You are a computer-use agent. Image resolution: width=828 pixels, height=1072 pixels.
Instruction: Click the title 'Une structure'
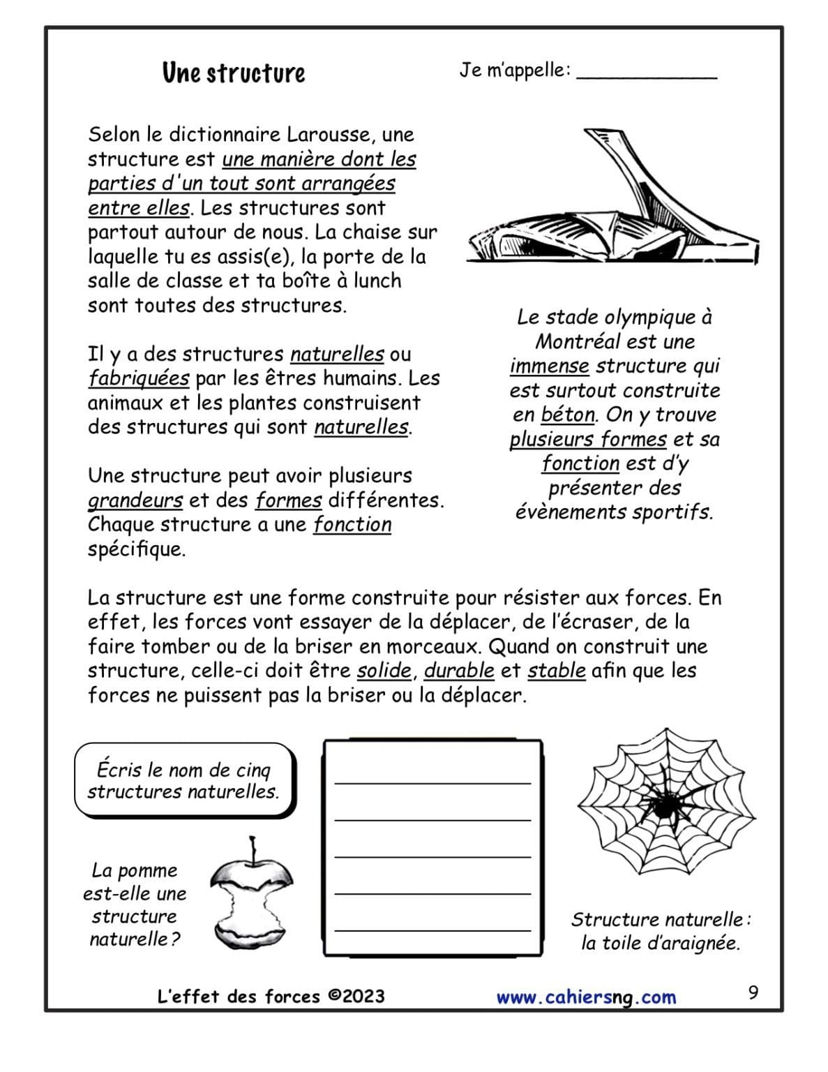[x=234, y=73]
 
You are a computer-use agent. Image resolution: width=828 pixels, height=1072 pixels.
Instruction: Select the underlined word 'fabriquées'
[x=138, y=378]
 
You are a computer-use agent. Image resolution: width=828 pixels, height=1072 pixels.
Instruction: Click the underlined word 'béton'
[x=568, y=415]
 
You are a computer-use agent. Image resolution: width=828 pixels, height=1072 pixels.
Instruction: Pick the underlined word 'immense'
[x=549, y=366]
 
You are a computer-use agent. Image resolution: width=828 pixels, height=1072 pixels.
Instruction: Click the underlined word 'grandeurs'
[x=135, y=500]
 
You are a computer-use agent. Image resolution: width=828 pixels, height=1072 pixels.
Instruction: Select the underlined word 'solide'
[x=384, y=671]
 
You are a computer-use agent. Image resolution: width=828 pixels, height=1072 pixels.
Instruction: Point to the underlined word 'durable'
[x=459, y=671]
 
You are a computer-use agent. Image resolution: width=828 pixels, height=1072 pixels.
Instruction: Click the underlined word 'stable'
[x=556, y=671]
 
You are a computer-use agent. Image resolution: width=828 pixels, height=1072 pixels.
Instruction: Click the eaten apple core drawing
[x=252, y=894]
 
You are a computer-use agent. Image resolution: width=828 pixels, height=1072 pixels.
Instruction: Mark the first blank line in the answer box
[x=432, y=782]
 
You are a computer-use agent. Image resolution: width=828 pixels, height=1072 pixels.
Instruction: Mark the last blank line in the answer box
[x=432, y=930]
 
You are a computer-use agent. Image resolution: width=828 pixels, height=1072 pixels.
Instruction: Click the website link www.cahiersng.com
[x=586, y=997]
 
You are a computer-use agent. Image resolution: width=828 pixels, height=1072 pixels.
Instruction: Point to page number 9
[x=753, y=992]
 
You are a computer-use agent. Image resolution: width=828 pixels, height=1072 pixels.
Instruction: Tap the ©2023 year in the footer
[x=356, y=996]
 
